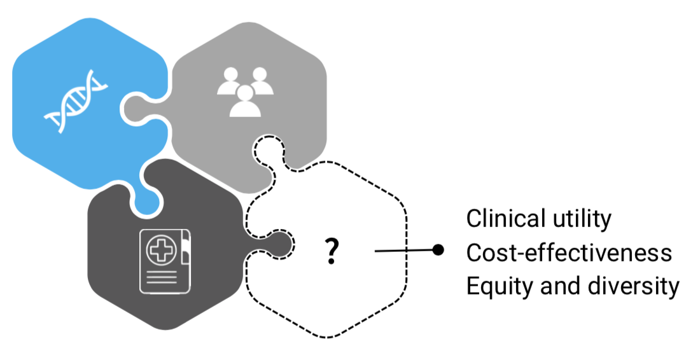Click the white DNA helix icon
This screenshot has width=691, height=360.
pos(76,101)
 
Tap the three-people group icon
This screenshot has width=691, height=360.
pos(245,92)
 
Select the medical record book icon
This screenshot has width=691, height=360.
pos(165,261)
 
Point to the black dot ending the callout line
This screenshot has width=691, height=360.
pos(438,250)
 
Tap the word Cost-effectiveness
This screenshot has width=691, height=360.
pos(569,253)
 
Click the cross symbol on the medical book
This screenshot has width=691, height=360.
pos(161,250)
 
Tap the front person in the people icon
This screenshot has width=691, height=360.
pos(246,101)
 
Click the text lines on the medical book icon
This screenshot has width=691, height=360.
pos(161,277)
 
